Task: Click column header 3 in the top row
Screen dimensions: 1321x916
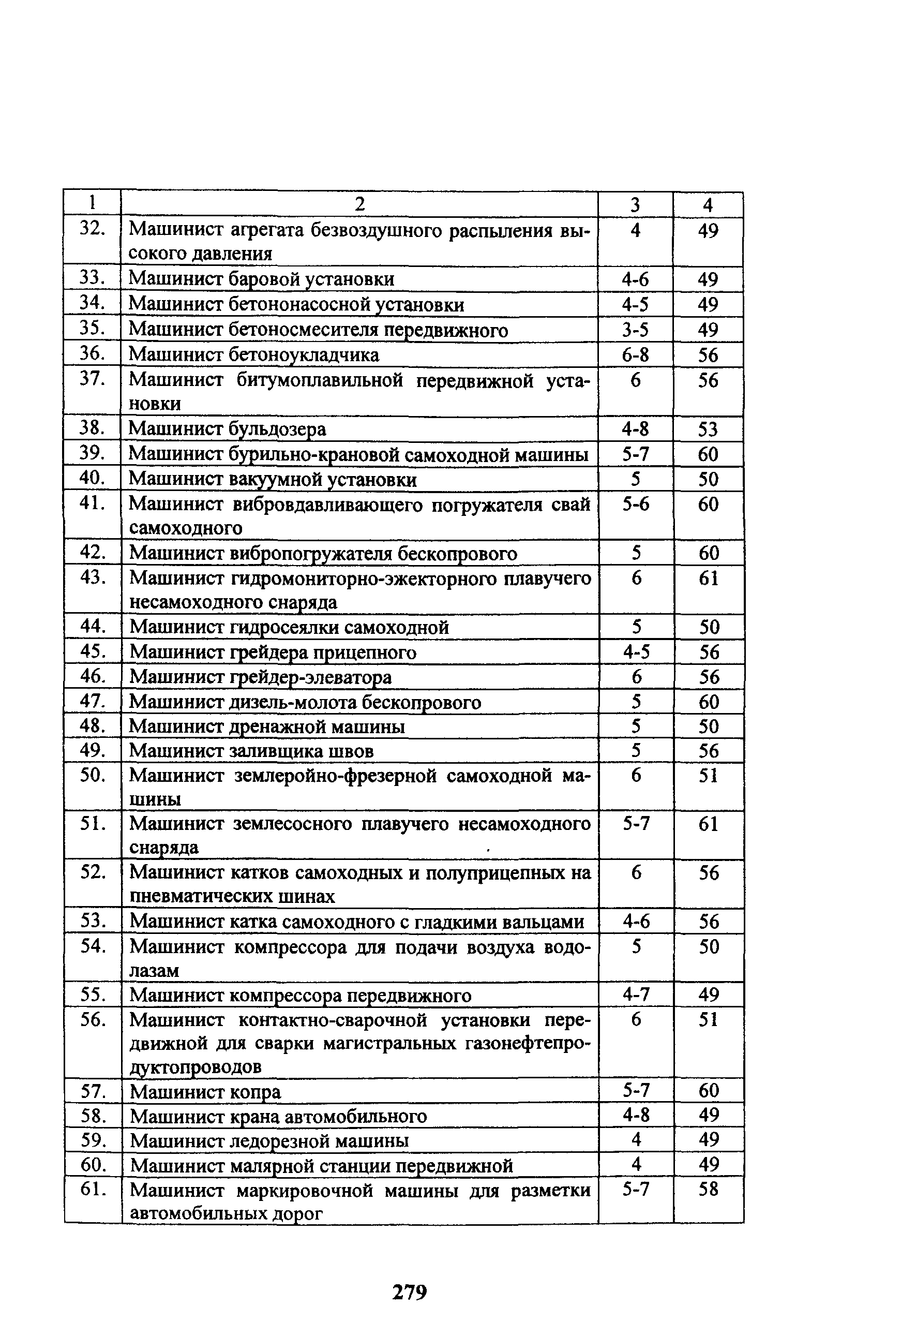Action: click(x=635, y=205)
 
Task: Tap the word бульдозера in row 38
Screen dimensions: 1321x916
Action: click(x=277, y=429)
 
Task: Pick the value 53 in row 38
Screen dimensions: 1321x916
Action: click(x=708, y=429)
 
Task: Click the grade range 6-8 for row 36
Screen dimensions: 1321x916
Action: click(x=635, y=355)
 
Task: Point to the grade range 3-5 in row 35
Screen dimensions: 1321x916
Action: click(x=635, y=330)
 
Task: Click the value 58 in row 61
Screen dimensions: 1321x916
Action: click(x=708, y=1189)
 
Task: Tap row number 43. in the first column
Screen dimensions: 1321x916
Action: click(x=93, y=577)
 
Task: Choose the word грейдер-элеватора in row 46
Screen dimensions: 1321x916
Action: click(x=310, y=677)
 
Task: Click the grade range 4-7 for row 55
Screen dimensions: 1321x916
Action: click(x=636, y=995)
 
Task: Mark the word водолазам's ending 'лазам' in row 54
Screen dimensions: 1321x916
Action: click(x=154, y=971)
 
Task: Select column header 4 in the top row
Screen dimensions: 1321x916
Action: click(x=708, y=205)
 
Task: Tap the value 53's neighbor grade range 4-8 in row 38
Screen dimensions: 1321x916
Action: click(x=635, y=429)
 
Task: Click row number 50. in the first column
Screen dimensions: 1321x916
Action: click(x=93, y=775)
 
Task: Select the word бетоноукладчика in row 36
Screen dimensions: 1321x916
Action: click(x=304, y=355)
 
